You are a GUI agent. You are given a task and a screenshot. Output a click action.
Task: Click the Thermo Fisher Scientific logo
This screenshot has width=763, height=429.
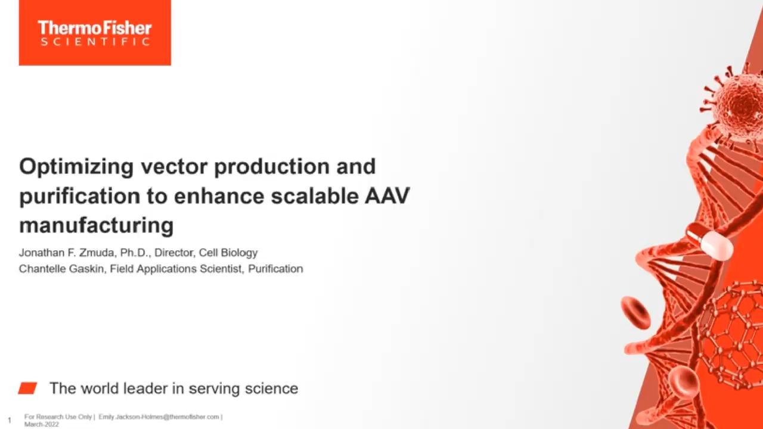tap(95, 33)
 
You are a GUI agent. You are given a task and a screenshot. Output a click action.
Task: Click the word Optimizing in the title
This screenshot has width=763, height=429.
tap(76, 167)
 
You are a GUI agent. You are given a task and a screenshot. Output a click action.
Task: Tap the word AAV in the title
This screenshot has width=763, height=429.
tap(387, 196)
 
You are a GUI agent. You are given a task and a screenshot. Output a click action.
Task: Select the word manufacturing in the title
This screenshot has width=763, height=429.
tap(97, 225)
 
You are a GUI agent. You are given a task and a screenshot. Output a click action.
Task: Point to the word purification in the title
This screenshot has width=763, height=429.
tap(80, 197)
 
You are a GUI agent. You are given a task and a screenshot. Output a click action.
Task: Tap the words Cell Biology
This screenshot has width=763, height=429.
tap(228, 253)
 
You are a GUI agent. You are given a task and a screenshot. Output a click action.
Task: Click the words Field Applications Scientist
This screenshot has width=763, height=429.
tap(176, 269)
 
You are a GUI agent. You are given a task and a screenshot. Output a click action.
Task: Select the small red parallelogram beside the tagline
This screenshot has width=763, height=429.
tap(27, 388)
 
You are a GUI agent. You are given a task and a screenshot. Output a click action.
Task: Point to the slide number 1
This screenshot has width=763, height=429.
tap(10, 420)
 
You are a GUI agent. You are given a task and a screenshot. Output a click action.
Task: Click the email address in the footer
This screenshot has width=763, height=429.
tap(159, 416)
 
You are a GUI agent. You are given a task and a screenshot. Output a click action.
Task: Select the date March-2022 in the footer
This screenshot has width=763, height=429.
tap(42, 425)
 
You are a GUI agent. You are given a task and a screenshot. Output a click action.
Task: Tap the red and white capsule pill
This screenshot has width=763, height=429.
tap(709, 240)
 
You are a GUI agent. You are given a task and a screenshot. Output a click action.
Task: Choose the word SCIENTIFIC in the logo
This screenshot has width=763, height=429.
tap(95, 42)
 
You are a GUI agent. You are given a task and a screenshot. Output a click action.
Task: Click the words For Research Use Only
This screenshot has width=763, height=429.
tap(58, 416)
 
